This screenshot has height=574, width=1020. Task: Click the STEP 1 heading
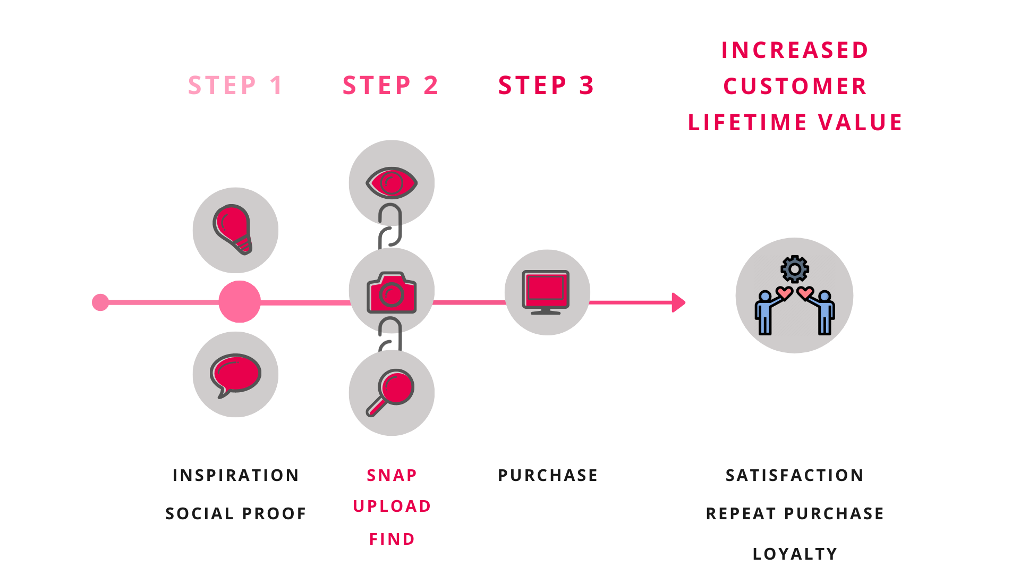[235, 85]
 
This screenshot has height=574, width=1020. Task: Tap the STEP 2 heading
[390, 85]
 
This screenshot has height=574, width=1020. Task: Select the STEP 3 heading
[546, 85]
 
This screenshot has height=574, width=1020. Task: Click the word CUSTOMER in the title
[795, 86]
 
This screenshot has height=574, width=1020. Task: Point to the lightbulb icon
[232, 229]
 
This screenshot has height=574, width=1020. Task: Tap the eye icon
[392, 183]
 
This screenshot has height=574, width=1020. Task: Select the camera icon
[392, 292]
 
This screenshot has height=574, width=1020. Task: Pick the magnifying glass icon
[390, 392]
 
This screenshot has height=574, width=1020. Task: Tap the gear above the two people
[795, 269]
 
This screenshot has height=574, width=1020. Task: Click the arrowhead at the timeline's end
[678, 302]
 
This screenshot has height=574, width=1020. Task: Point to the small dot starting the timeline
[100, 302]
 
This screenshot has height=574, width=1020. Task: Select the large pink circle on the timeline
[240, 301]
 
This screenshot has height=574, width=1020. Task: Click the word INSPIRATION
[236, 475]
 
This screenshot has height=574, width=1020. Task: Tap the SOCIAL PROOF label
[236, 513]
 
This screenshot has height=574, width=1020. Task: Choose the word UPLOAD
[392, 506]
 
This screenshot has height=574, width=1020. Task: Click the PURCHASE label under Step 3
[548, 475]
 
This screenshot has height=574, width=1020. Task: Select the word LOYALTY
[795, 554]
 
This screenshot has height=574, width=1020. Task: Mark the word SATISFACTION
[795, 475]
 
